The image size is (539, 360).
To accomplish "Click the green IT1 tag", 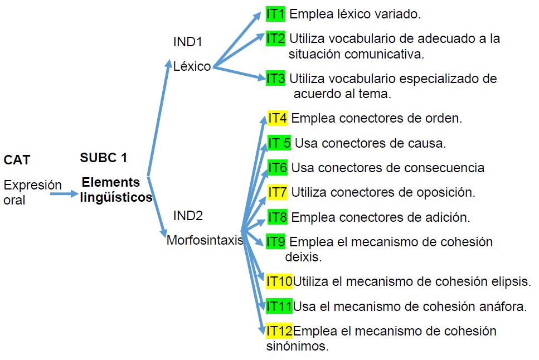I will click(x=275, y=14).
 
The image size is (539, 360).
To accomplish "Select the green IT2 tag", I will click(x=275, y=38).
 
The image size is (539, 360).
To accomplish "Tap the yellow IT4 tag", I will click(x=277, y=118).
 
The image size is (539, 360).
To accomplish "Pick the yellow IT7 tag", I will click(x=277, y=192).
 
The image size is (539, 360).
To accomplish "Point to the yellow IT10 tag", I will click(x=279, y=281).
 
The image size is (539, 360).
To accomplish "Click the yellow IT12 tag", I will click(x=279, y=331).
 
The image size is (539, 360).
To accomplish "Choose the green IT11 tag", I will click(x=279, y=306).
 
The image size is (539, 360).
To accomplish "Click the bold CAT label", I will click(x=17, y=160).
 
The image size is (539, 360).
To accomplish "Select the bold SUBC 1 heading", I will click(x=104, y=158).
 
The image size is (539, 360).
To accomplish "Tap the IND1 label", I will click(x=188, y=42).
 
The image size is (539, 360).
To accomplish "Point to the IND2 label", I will click(x=188, y=216).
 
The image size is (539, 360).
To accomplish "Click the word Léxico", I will click(x=192, y=67).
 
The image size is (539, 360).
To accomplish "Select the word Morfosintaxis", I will click(x=205, y=241).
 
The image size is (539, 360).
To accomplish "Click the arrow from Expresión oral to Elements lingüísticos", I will click(x=64, y=194).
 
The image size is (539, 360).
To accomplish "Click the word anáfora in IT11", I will click(x=504, y=306).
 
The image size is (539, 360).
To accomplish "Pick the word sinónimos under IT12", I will click(x=298, y=346).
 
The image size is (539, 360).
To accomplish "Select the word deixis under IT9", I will click(x=303, y=257).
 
